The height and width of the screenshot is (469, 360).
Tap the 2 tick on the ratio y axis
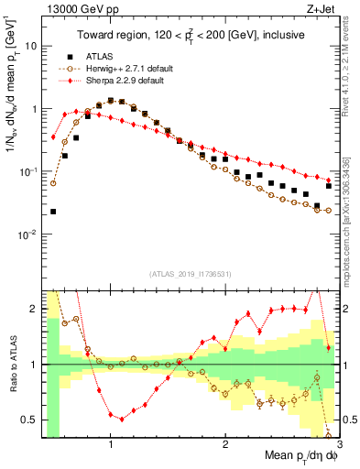[x=34, y=309]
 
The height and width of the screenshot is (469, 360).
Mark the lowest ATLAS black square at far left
[x=53, y=212]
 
